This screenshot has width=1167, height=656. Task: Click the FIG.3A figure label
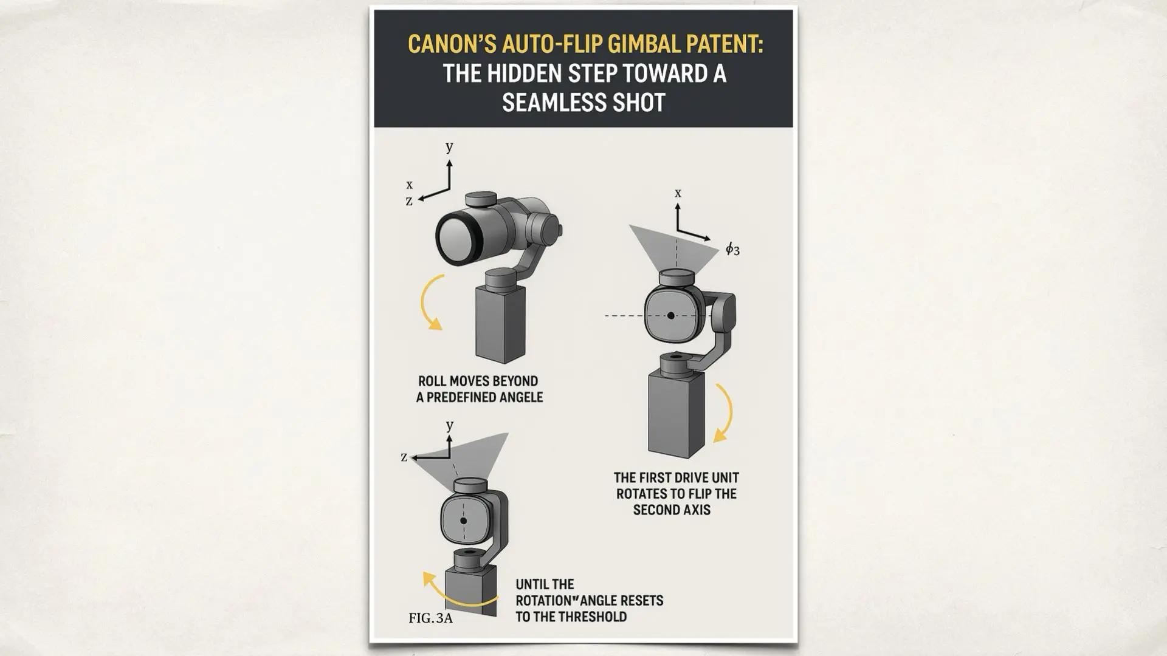(x=430, y=618)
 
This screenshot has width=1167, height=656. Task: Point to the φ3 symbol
(x=732, y=249)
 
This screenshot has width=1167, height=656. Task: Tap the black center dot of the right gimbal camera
(x=670, y=316)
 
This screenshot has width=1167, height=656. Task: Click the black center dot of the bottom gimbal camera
(x=464, y=521)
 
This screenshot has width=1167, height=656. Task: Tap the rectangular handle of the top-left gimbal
(x=500, y=324)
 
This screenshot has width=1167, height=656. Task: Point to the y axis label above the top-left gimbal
(x=449, y=146)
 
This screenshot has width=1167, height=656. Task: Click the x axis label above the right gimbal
(x=678, y=193)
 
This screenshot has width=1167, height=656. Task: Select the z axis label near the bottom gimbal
(x=404, y=457)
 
